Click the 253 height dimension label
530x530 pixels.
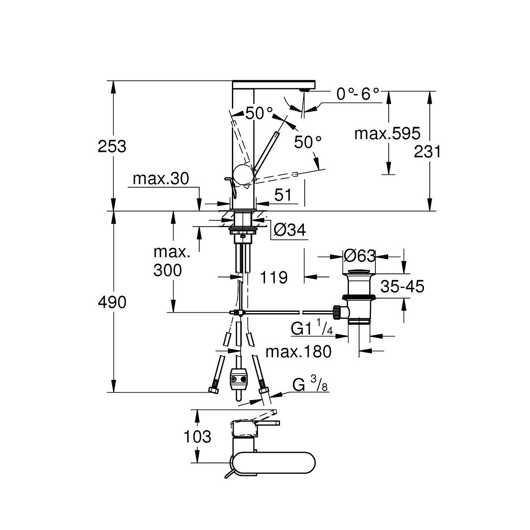coord(112,146)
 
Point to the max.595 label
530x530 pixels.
coord(387,133)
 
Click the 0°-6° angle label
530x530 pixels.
coord(358,94)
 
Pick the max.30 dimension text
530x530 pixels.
coord(161,179)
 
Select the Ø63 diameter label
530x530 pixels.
coord(359,256)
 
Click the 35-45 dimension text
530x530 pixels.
coord(402,287)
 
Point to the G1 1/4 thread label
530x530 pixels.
coord(311,329)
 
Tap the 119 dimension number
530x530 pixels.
coord(274,277)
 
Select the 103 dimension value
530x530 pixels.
coord(197,437)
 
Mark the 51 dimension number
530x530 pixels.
coord(283,195)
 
